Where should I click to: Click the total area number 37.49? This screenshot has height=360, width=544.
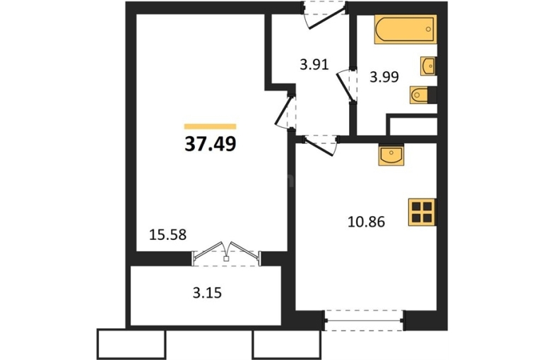tap(211, 144)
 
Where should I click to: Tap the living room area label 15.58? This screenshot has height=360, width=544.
tap(167, 235)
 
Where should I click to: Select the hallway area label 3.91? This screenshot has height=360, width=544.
tap(314, 65)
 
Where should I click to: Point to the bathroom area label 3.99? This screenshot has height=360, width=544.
tap(384, 77)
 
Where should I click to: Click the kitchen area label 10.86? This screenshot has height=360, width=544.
tap(366, 222)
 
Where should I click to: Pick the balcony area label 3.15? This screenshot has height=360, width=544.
tap(207, 294)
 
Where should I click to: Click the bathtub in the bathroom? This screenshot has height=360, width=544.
tap(406, 30)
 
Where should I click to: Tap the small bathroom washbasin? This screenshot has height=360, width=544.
tap(428, 66)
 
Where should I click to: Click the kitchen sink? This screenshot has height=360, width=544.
tap(391, 155)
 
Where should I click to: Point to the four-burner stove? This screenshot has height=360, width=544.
tap(422, 212)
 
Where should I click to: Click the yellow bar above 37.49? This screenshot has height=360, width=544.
tap(211, 126)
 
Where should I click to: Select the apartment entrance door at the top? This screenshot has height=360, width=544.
tap(324, 14)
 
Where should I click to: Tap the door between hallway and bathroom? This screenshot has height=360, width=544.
tap(347, 85)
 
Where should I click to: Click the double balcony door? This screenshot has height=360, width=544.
tap(226, 254)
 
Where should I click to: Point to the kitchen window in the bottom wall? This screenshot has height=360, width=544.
tap(364, 321)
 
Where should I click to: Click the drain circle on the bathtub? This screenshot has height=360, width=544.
tap(429, 30)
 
